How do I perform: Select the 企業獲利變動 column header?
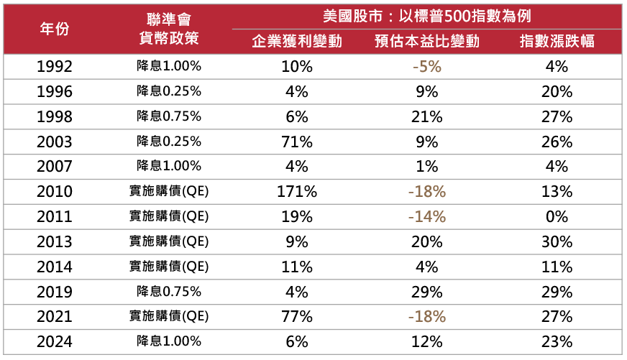(x=296, y=41)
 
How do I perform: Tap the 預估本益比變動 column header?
(x=426, y=41)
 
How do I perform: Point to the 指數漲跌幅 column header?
(x=557, y=41)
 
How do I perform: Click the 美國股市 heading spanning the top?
(x=426, y=15)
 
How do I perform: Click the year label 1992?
(x=55, y=67)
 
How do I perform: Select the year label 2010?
(x=55, y=192)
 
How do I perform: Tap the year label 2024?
(x=55, y=342)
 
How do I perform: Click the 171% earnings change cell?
(x=296, y=192)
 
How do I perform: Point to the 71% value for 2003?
(x=296, y=142)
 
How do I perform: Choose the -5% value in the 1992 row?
(x=426, y=67)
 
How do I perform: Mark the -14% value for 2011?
(x=426, y=217)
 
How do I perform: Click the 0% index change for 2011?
(x=557, y=217)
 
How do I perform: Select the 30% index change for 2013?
(x=557, y=242)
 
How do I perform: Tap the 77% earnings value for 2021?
(x=296, y=317)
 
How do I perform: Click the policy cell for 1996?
(x=169, y=91)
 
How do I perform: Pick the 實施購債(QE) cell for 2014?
(x=169, y=267)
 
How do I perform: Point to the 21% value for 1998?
(x=426, y=116)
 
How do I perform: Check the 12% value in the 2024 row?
(x=426, y=342)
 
